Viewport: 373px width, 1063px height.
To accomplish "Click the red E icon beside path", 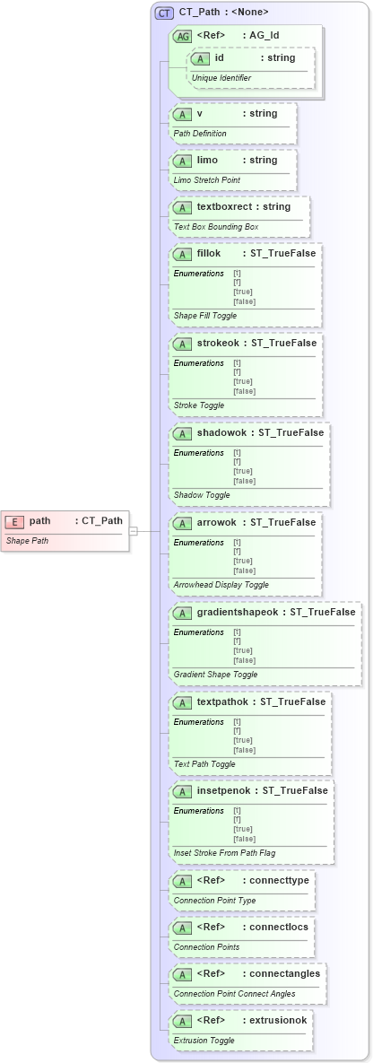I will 15,521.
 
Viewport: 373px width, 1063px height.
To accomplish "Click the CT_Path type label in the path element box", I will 100,520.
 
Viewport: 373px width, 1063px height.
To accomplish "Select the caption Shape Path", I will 27,541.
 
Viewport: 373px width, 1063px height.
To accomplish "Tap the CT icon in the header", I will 164,13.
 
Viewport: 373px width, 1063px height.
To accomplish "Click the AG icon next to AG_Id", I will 182,37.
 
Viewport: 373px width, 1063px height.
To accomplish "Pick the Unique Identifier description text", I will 221,78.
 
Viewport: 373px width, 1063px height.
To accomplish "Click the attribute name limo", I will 207,160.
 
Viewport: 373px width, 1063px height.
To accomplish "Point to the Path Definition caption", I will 200,134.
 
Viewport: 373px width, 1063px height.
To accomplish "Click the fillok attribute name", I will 209,253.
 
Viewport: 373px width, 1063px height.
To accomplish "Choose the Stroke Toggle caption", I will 199,405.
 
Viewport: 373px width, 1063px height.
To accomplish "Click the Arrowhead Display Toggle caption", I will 221,585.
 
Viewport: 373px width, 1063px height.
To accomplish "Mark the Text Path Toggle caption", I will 204,764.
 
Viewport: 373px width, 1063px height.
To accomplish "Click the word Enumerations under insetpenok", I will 199,811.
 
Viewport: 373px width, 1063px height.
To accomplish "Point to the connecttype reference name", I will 276,881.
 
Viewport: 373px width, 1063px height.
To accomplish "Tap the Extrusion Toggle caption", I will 204,1041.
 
